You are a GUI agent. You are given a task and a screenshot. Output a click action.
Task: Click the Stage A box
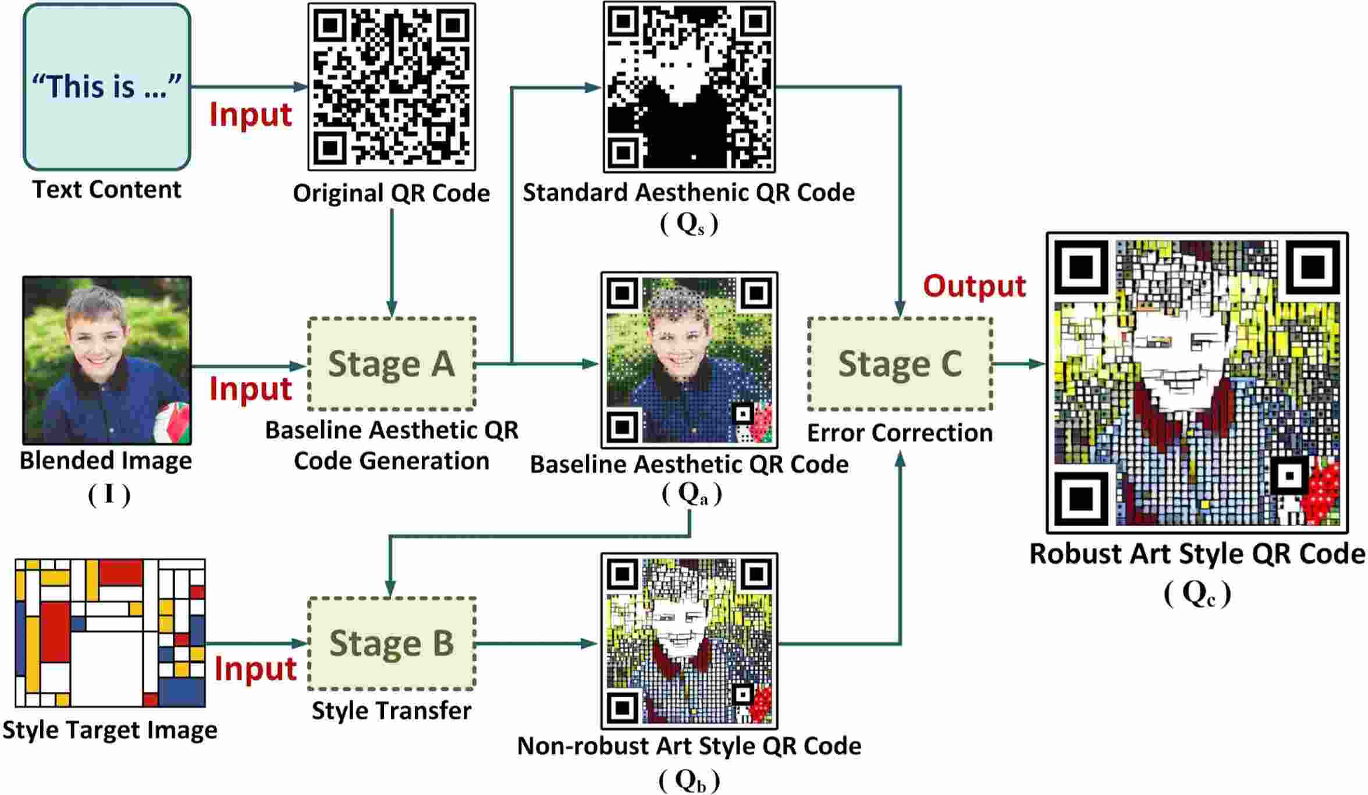point(392,364)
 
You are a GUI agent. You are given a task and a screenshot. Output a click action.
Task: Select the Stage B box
point(392,643)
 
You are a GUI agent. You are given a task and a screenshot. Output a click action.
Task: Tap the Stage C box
point(900,364)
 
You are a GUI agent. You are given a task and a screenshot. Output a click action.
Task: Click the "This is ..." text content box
point(107,87)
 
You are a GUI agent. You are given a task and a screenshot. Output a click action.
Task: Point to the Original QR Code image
point(392,87)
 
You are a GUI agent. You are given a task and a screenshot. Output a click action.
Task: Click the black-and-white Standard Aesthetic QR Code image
point(689,87)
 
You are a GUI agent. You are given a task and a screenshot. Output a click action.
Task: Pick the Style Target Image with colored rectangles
point(110,633)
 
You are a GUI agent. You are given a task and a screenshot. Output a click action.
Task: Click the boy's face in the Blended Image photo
point(97,338)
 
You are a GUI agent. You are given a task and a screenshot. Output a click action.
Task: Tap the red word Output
point(974,286)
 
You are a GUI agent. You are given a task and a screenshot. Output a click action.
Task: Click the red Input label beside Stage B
point(255,669)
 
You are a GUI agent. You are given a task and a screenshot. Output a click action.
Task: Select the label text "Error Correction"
point(900,433)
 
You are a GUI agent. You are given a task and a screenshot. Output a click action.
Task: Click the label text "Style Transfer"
point(392,711)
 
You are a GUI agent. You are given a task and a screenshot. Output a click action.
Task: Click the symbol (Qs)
point(689,224)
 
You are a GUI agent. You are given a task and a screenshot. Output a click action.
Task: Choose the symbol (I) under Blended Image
point(109,495)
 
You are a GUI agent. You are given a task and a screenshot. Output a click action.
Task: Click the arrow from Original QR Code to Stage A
point(392,262)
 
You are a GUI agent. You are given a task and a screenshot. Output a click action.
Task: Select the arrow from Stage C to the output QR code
point(1018,364)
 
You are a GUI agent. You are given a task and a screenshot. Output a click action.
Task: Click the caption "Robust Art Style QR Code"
point(1197,553)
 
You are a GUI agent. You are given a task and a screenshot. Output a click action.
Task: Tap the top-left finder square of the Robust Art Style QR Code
point(1082,268)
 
